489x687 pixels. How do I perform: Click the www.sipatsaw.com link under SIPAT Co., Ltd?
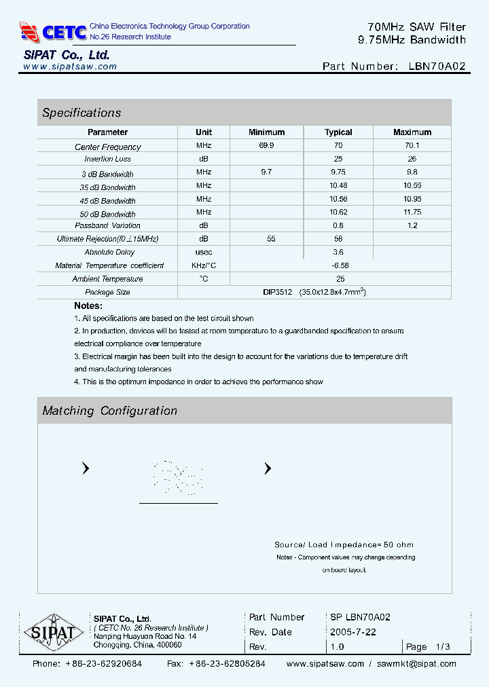point(70,67)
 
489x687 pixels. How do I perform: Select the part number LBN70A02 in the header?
point(437,67)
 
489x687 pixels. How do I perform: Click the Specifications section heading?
point(81,113)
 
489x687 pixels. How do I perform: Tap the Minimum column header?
point(266,132)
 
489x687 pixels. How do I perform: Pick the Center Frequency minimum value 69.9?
point(266,146)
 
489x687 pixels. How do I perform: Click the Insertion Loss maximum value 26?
point(412,159)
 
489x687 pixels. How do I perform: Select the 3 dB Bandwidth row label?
point(107,174)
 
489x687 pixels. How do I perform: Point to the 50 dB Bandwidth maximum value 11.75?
point(412,212)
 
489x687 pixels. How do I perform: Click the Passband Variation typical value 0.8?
point(338,225)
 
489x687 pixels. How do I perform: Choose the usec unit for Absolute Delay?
point(204,252)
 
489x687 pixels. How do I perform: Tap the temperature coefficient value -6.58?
point(340,265)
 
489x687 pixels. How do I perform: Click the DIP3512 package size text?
point(277,292)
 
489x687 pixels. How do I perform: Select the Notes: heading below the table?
point(88,305)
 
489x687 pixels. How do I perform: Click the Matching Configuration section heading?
point(109,411)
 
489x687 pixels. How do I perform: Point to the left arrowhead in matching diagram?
point(86,468)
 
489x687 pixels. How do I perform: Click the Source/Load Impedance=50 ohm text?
point(344,544)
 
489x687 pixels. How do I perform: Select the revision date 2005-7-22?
point(352,632)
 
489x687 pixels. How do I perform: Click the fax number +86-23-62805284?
point(227,664)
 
